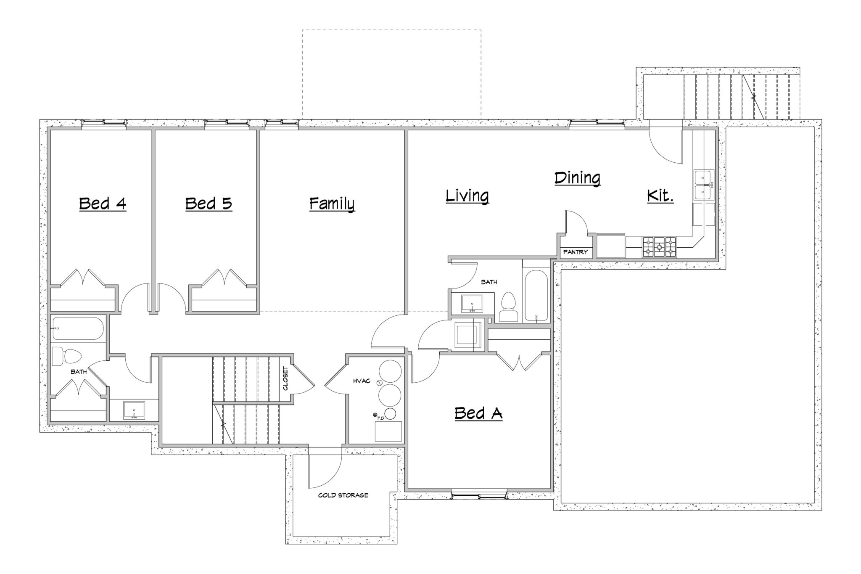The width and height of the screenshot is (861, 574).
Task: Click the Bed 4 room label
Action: click(x=103, y=204)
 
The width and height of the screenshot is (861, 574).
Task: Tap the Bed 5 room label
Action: click(x=209, y=204)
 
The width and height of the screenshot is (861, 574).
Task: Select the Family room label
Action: click(x=332, y=204)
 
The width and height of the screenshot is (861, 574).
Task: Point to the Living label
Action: click(x=467, y=196)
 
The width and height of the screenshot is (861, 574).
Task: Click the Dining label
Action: click(x=577, y=178)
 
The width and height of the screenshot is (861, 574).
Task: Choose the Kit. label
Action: click(x=660, y=196)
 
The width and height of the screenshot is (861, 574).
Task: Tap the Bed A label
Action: click(x=478, y=413)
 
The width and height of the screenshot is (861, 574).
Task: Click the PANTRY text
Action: click(x=576, y=252)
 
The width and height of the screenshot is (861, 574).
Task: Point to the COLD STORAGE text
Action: click(x=343, y=495)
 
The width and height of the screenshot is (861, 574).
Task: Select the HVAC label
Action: click(x=362, y=381)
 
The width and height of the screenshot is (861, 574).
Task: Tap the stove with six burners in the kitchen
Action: click(x=659, y=247)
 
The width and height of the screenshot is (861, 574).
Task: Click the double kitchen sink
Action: click(x=703, y=185)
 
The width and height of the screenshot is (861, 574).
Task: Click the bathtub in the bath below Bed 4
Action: click(x=78, y=328)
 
